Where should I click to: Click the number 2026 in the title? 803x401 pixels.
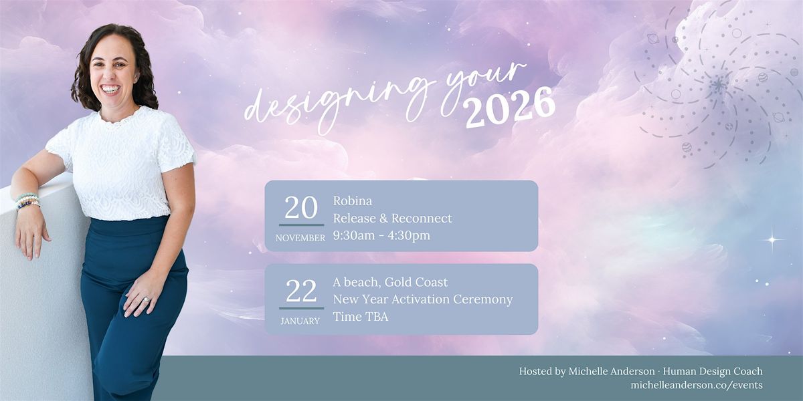click(510, 107)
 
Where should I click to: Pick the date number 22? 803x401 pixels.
click(301, 291)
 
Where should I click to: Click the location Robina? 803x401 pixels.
click(352, 200)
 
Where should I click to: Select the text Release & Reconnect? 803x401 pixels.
click(392, 218)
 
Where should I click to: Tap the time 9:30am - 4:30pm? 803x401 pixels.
click(381, 235)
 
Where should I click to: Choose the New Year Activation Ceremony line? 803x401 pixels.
click(423, 299)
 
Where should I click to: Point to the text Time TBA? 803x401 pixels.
click(360, 317)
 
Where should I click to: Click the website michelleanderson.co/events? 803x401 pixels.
click(696, 385)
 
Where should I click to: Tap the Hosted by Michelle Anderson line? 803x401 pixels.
click(640, 371)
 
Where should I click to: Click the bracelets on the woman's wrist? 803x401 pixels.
click(27, 200)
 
